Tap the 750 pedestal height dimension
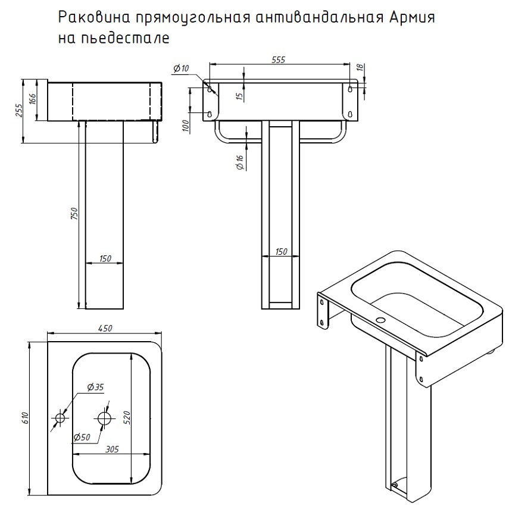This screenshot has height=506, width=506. (74, 214)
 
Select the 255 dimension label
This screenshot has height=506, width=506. (20, 110)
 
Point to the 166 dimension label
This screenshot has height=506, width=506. (33, 99)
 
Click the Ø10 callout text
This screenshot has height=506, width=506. (181, 68)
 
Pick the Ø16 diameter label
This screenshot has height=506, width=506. (240, 163)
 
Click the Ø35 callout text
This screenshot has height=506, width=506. (95, 386)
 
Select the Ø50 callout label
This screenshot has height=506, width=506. (82, 438)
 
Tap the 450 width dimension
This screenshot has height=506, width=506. (105, 328)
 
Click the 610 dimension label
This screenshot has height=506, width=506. (26, 418)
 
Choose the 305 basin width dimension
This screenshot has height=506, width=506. (112, 449)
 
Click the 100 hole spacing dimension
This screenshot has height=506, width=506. (185, 126)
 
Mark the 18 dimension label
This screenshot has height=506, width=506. (360, 67)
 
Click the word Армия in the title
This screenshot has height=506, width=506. (412, 18)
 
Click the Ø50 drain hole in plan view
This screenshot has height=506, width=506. (105, 418)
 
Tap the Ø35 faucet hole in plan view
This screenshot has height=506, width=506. (60, 418)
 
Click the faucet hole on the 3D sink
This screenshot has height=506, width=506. (381, 320)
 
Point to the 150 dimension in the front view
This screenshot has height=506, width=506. (281, 251)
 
